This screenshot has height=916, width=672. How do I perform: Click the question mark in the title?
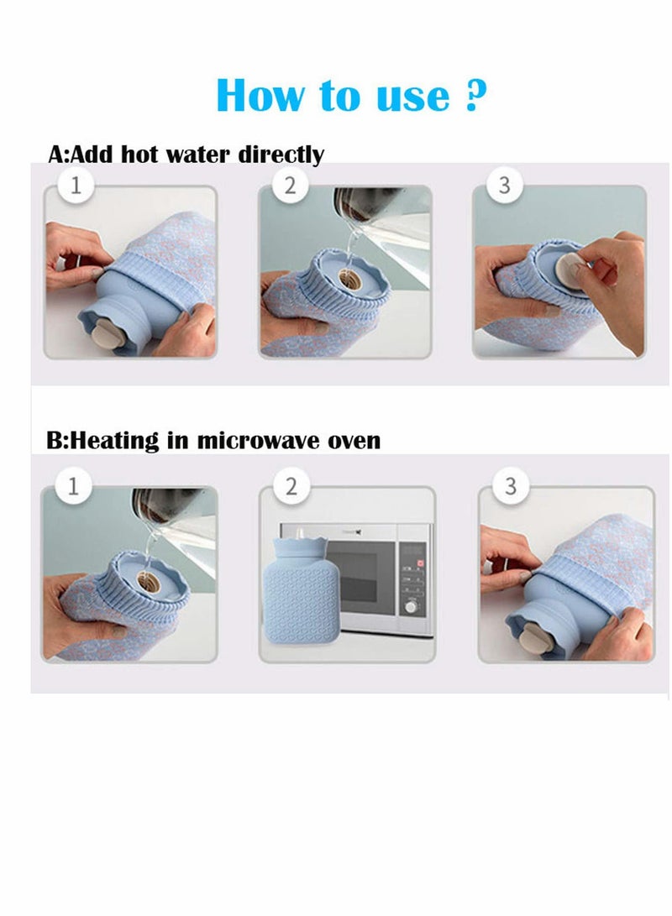(475, 95)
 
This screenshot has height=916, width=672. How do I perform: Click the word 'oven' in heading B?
(356, 441)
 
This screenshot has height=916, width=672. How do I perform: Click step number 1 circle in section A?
(76, 186)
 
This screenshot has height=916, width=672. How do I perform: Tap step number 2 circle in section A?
(290, 186)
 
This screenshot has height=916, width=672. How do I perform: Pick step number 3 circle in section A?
(504, 186)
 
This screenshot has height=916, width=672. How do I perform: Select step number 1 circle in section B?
(73, 486)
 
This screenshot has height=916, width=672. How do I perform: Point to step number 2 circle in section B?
(291, 486)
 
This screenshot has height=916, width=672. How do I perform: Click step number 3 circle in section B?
(510, 486)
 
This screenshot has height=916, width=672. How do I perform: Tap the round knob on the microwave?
(412, 606)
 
